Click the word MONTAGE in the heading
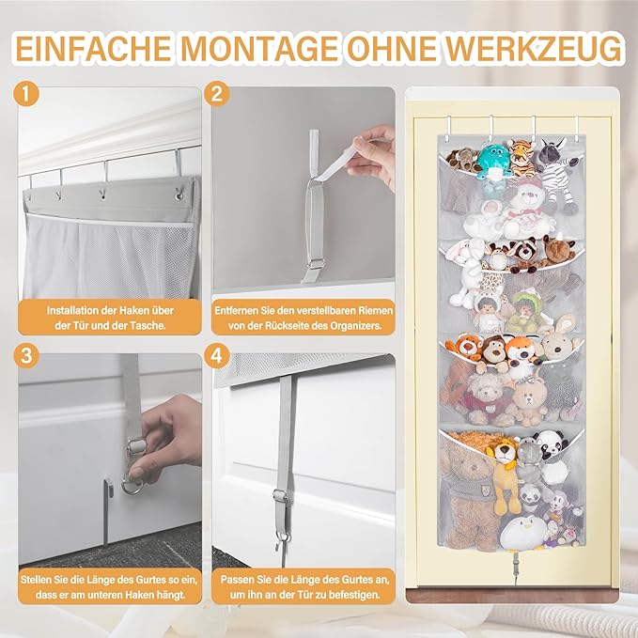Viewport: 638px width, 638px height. (x=259, y=48)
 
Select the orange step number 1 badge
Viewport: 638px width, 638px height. (x=26, y=94)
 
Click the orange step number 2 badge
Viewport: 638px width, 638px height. (x=217, y=94)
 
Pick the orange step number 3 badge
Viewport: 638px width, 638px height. (x=26, y=355)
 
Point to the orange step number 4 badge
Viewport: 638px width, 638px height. (x=217, y=355)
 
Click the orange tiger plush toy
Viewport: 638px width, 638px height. (x=521, y=158)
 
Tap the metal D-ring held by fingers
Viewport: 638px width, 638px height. (x=132, y=485)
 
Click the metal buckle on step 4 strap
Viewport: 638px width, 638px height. (x=279, y=496)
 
